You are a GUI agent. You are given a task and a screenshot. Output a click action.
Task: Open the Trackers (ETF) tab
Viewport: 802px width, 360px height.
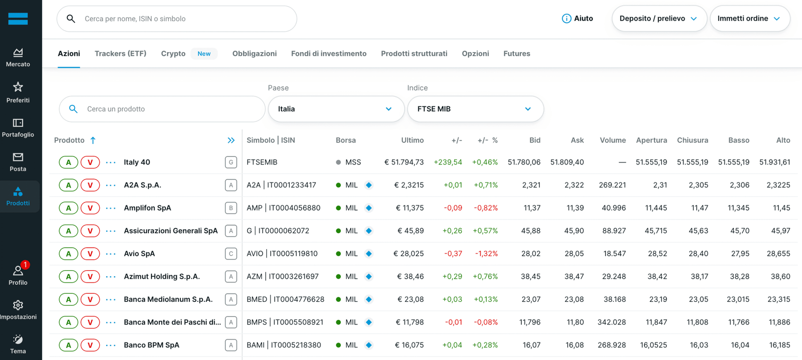120,54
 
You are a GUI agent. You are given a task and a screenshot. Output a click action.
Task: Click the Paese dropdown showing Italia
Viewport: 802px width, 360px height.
336,109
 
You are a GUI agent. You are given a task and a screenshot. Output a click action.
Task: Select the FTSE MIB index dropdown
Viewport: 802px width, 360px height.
476,109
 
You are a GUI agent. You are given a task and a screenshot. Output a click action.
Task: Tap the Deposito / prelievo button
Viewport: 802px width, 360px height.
659,19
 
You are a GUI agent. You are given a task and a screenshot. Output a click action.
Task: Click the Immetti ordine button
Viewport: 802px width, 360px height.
750,19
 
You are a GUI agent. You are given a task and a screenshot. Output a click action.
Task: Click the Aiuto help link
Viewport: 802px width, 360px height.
577,19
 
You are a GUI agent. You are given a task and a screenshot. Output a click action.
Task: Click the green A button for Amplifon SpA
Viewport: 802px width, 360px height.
68,208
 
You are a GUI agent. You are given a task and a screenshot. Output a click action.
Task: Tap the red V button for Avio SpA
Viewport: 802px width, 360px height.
90,254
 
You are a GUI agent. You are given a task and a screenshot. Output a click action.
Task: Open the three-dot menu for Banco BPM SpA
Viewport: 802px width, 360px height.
111,345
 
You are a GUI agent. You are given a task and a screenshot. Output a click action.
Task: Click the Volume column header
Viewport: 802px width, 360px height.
613,140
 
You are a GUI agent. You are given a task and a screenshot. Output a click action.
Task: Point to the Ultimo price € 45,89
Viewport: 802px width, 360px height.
411,231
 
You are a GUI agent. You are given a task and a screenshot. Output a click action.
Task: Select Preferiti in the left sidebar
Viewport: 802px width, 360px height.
18,92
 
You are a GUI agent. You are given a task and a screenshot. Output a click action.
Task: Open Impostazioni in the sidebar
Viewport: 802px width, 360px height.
18,310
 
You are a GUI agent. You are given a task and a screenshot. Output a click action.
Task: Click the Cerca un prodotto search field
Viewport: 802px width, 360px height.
162,109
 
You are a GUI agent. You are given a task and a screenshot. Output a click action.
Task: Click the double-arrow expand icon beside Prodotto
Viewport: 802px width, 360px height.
231,140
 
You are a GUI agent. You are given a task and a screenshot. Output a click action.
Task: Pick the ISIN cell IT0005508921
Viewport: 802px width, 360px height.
298,322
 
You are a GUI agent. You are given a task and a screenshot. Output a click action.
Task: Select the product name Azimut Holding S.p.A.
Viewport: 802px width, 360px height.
162,277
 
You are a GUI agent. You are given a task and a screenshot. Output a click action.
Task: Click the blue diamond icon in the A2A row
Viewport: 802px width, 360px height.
369,185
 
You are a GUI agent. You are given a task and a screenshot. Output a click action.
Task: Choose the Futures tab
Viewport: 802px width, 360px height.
517,54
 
